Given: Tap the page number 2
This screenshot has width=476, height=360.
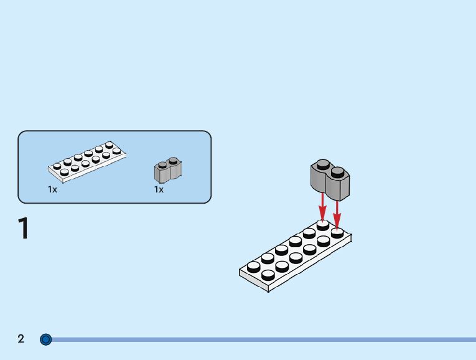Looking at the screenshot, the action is coord(21,339).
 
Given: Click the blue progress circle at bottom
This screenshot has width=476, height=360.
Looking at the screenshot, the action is coord(45,339).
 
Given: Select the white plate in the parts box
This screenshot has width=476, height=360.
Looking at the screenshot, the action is coord(87,161).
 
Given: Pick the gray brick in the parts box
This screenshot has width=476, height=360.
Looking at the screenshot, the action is coord(167,169).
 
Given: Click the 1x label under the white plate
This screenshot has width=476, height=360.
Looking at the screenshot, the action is coord(53,189).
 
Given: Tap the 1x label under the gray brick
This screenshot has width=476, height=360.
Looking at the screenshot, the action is coord(159,189).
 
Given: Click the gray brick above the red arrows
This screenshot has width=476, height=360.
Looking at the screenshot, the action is coord(330,179).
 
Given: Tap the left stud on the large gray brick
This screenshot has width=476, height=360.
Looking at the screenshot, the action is coord(322,164).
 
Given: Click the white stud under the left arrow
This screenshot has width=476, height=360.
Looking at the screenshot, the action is coord(322,224).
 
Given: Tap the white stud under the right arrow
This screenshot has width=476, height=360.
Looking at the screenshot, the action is coord(337,232).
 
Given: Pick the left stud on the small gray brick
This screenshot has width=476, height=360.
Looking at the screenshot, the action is coord(162,164).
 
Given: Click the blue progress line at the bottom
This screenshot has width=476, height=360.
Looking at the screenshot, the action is coord(261,339).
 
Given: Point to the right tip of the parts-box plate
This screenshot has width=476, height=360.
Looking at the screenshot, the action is coord(125,153).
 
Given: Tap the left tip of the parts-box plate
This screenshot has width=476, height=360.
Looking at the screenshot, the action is coord(50,168).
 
